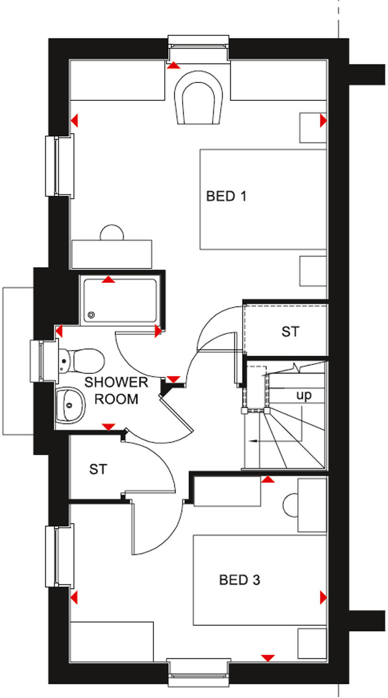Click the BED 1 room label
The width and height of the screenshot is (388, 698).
point(226,196)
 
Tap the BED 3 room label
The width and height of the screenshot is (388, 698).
point(239,580)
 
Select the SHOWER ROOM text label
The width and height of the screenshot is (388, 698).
point(116,391)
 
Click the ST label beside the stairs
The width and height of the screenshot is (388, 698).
point(290,332)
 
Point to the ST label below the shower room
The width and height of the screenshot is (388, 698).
point(98,469)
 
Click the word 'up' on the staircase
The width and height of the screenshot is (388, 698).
point(304,395)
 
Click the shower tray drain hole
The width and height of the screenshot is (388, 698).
point(91,316)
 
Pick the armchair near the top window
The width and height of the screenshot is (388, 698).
point(198,98)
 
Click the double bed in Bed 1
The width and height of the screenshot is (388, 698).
point(263,199)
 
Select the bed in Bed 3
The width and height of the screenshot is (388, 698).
point(260,580)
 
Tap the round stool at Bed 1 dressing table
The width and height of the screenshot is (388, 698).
point(112,232)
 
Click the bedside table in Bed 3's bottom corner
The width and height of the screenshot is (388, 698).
point(312,643)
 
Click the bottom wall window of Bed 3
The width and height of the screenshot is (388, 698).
point(198,673)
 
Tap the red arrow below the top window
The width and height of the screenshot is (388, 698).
point(174,65)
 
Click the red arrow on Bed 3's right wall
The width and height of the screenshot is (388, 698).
point(323,598)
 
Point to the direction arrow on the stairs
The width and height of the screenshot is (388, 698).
point(254,441)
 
